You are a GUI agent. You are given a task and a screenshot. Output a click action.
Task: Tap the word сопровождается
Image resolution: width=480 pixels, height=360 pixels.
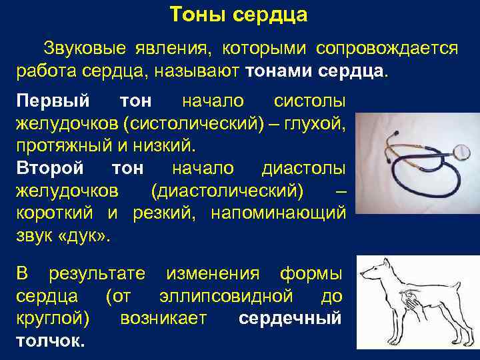pyautogui.click(x=387, y=49)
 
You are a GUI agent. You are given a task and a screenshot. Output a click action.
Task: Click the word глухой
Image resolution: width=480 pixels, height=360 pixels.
pyautogui.click(x=316, y=123)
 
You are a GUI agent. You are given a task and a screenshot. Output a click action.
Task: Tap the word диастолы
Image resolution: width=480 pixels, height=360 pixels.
pyautogui.click(x=303, y=168)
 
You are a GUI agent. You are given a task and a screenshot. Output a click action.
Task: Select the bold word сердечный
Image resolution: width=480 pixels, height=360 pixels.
pyautogui.click(x=290, y=317)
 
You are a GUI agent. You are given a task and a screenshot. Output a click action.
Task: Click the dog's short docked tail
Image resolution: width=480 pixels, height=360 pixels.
pyautogui.click(x=463, y=279)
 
